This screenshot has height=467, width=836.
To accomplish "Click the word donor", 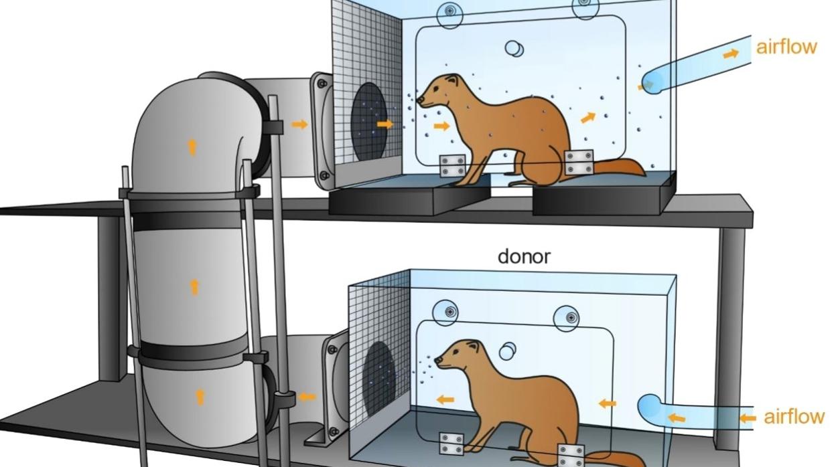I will coord(524,256).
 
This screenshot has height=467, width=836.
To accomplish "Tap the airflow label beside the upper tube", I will coord(786,47).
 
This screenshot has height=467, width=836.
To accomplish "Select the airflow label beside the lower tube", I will coord(794,417).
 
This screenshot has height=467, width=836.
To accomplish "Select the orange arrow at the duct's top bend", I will coord(192,147).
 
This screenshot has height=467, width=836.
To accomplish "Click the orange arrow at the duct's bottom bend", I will coord(199,396).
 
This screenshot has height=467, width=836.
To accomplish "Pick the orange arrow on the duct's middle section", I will coord(194,287).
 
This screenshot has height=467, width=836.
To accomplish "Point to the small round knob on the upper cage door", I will coord(514,48).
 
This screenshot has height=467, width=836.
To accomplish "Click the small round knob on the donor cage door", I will coord(508,350).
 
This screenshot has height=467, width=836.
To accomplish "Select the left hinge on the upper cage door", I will coord(453,165).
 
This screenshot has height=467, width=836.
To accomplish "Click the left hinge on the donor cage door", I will coord(451,444).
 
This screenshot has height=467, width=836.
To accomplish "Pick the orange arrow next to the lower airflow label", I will coord(747,418).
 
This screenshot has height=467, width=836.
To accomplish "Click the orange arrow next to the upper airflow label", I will coord(730,53).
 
